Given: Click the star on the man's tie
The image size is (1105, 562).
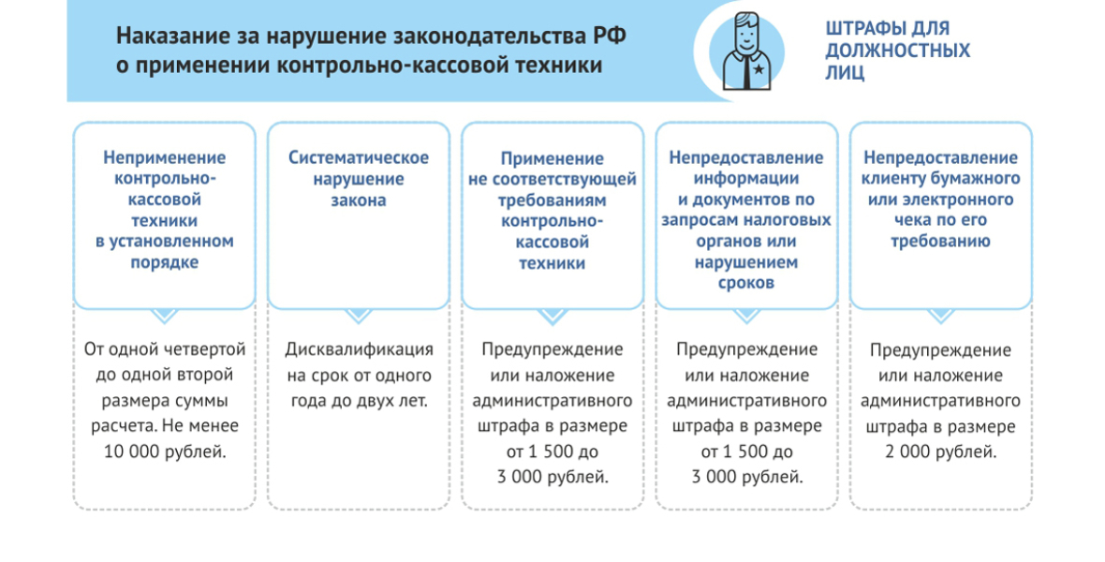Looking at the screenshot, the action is [x=759, y=68].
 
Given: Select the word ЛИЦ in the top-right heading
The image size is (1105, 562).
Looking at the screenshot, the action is [x=845, y=72].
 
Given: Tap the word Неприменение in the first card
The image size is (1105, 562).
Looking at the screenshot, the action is [x=164, y=157].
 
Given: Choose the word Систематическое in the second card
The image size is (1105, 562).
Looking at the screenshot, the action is [x=359, y=157].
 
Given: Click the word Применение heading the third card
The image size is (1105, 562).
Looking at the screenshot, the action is [x=552, y=158].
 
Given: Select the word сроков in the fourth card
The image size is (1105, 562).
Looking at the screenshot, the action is [x=746, y=283].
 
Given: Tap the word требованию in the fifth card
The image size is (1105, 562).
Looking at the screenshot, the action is [x=941, y=241].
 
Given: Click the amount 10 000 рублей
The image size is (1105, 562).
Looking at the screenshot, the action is [x=165, y=452].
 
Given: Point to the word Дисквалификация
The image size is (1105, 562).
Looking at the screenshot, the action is [x=359, y=349].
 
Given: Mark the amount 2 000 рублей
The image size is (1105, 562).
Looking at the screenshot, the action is [x=941, y=452].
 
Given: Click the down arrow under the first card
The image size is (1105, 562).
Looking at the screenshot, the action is [x=164, y=316].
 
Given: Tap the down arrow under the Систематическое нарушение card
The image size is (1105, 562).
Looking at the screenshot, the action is [x=359, y=316].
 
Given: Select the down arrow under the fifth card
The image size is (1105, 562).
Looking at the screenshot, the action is [x=941, y=316].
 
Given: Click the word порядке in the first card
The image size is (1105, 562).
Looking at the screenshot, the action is [x=164, y=262].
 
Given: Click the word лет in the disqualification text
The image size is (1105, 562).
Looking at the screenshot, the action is [x=414, y=401].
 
